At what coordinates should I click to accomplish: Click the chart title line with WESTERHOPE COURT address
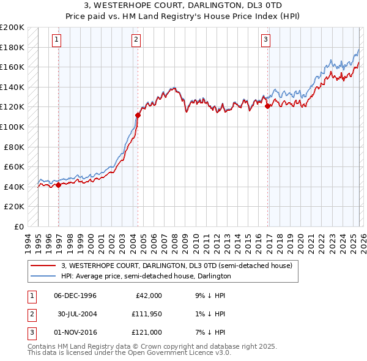click(183, 6)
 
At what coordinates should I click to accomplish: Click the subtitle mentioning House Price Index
click(183, 17)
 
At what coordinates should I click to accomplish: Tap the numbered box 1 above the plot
click(56, 40)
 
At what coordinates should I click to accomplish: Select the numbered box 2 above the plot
click(136, 40)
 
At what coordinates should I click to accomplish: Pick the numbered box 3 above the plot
click(266, 40)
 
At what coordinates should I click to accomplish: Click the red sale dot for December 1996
click(58, 185)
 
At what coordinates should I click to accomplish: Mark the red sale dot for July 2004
click(138, 114)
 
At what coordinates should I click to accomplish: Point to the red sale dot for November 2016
click(268, 106)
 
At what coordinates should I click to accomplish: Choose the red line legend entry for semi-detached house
click(177, 266)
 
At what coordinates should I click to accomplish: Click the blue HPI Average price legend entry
click(146, 276)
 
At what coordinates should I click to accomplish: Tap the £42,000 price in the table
click(148, 296)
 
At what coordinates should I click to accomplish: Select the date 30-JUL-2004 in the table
click(77, 314)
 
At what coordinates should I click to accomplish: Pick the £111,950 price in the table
click(146, 314)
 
